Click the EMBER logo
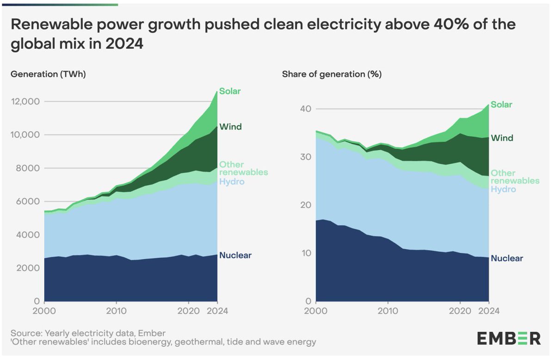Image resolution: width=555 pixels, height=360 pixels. point(509,338)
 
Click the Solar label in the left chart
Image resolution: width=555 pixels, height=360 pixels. point(230,91)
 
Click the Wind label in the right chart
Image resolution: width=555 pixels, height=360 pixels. point(502,138)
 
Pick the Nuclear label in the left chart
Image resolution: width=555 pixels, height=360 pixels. point(235,255)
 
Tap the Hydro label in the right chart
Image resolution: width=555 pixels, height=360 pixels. point(503,189)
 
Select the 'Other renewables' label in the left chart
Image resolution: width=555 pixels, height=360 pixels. point(243,168)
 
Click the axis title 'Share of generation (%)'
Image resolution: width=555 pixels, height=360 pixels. point(332,74)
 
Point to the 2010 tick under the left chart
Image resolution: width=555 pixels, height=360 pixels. point(116,310)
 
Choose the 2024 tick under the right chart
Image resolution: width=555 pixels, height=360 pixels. point(489,310)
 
